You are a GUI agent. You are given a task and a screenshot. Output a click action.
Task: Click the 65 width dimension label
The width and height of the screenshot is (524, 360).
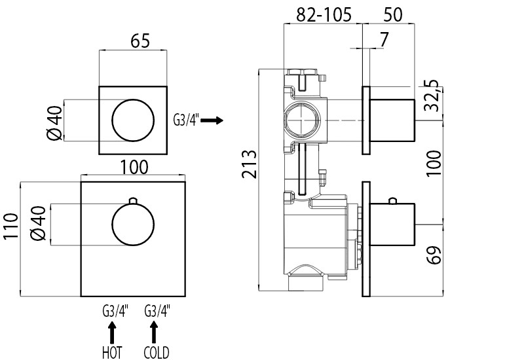click(140, 41)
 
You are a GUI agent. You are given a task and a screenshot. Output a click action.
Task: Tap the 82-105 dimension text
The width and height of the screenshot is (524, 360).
click(324, 14)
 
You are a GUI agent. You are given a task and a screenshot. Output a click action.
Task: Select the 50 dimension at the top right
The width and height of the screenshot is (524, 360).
click(392, 14)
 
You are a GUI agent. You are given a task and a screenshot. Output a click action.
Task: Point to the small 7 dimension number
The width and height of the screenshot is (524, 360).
click(384, 39)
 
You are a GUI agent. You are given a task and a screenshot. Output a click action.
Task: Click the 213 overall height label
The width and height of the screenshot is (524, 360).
click(250, 164)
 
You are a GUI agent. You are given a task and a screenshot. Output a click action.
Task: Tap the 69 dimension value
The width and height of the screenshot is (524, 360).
click(434, 255)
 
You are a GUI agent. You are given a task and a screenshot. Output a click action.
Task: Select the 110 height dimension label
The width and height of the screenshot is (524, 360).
click(10, 226)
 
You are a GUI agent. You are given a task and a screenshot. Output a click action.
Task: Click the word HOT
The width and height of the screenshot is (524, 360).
click(112, 352)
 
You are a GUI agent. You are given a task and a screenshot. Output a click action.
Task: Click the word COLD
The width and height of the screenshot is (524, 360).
click(157, 352)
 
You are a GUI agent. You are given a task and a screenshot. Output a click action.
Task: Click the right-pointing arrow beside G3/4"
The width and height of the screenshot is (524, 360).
click(212, 120)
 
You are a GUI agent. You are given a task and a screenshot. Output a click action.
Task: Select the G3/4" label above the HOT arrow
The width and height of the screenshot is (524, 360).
click(115, 312)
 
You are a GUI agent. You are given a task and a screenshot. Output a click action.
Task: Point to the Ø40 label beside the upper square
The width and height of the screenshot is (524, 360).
click(54, 123)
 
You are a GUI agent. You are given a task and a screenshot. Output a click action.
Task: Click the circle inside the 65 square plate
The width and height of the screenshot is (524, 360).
click(134, 99)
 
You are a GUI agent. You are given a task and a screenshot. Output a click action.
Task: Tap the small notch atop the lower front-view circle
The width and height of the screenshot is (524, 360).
click(133, 200)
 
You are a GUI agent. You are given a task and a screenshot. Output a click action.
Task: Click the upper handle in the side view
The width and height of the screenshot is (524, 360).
click(392, 120)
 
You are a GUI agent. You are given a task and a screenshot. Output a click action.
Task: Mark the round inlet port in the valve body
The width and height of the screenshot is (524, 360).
click(303, 120)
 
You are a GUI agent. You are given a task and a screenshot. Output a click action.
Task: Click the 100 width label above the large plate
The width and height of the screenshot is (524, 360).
click(134, 167)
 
